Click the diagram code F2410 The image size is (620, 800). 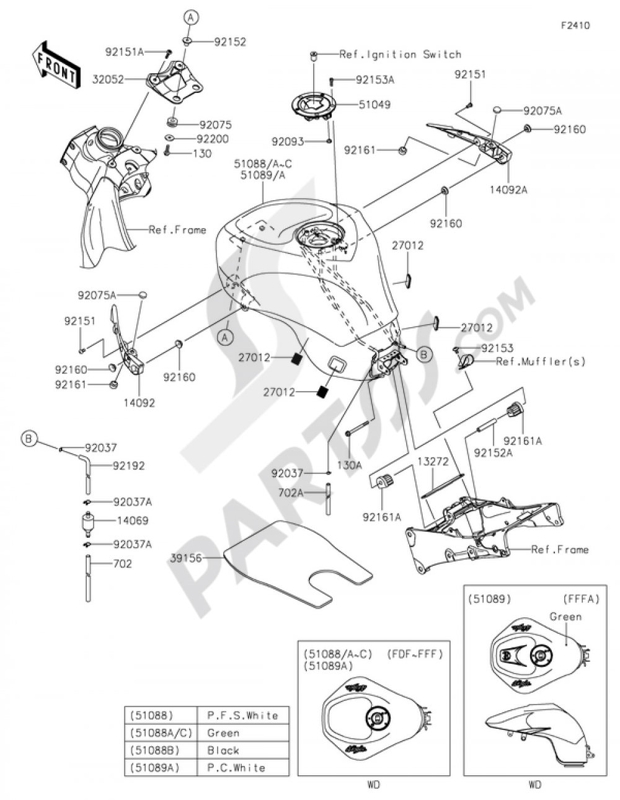(575, 25)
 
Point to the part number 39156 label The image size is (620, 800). (185, 558)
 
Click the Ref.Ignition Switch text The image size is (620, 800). (400, 55)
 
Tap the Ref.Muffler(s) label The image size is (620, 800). (540, 361)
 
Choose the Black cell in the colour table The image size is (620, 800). (223, 750)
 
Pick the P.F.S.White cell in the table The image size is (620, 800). (242, 715)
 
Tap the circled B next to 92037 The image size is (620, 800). (29, 439)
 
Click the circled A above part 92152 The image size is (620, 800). (190, 17)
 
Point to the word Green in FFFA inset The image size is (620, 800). (565, 616)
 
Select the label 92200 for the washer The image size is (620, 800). (212, 139)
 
